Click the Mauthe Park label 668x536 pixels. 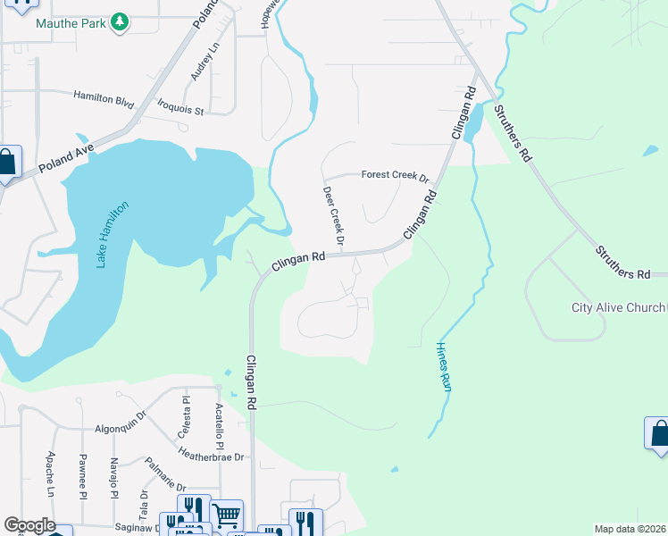[71, 21]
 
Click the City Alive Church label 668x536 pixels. [618, 308]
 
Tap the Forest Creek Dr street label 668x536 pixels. [395, 176]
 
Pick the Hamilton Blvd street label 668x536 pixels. [103, 96]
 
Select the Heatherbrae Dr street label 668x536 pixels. [210, 456]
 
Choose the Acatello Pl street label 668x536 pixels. [219, 422]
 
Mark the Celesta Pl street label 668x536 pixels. [186, 413]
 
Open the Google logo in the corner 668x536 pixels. [29, 526]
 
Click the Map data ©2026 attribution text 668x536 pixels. [630, 529]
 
